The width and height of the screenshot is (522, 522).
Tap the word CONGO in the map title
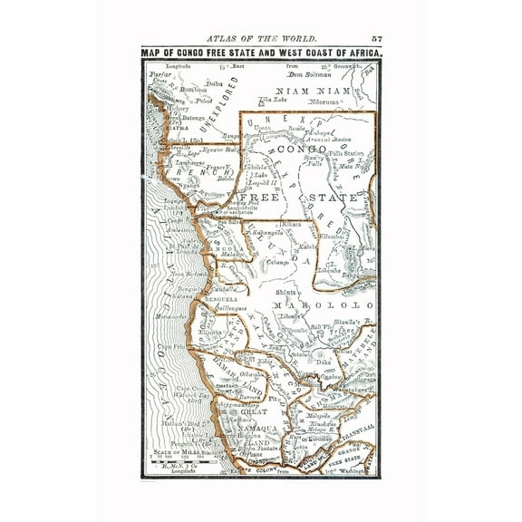tap(208, 52)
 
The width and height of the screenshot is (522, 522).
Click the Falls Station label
tap(339, 154)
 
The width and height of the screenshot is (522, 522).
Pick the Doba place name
tap(216, 84)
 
